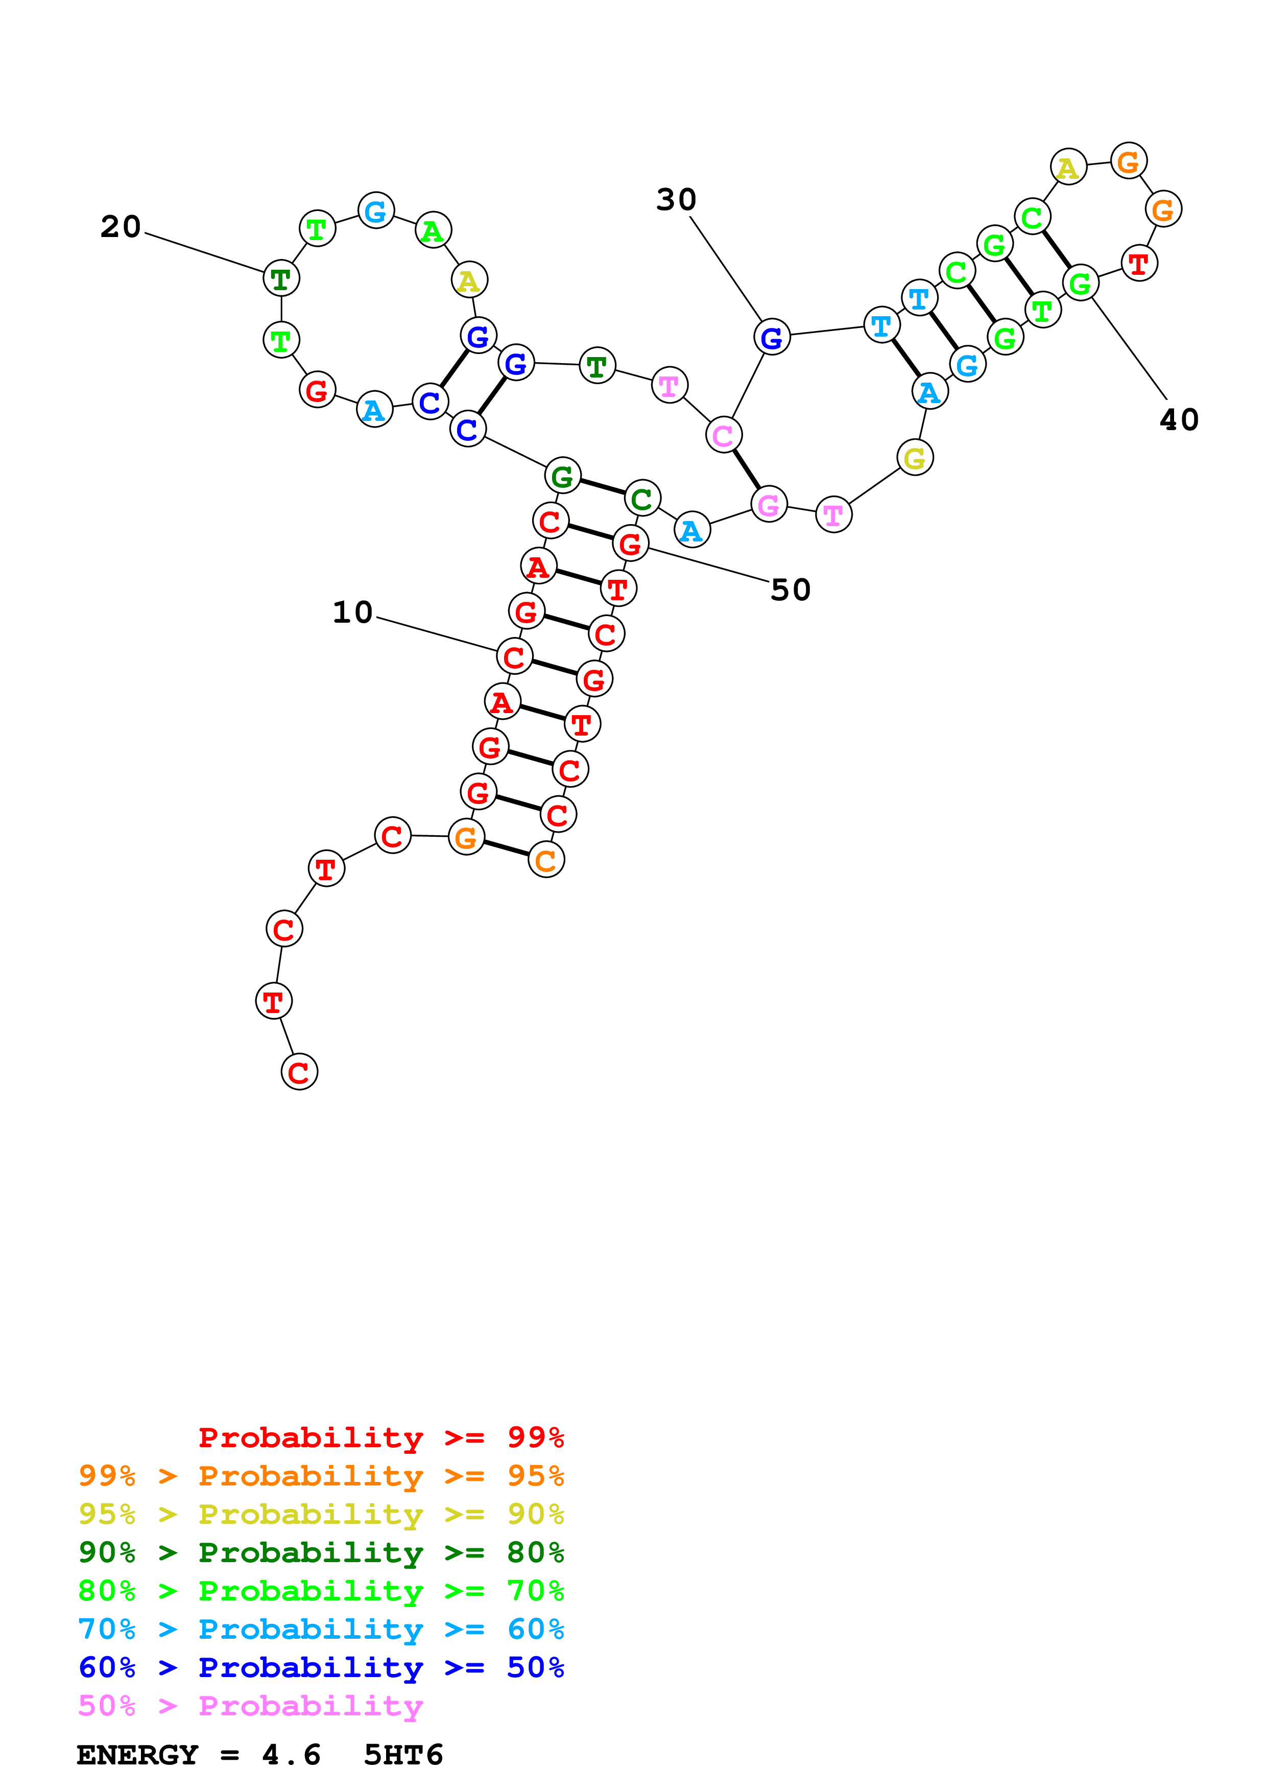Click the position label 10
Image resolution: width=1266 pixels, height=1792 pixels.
352,612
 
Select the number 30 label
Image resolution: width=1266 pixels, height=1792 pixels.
676,200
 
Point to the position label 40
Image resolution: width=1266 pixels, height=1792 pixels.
1179,420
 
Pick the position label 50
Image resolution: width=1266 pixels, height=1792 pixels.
790,590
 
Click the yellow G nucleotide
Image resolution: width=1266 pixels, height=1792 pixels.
914,458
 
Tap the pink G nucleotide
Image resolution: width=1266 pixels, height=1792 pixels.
769,505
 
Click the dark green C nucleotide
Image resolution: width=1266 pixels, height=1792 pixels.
642,499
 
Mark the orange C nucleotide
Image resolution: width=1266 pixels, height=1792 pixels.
546,860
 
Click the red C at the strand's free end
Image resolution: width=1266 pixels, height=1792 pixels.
299,1072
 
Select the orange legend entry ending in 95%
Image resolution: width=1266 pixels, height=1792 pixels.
321,1476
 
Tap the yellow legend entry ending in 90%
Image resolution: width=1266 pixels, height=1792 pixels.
321,1514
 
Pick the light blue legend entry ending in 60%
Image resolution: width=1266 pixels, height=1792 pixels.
321,1629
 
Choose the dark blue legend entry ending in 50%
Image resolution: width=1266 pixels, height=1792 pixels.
321,1667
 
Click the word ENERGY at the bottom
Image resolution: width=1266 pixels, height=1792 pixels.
137,1755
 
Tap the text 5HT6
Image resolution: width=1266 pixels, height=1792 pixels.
403,1755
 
